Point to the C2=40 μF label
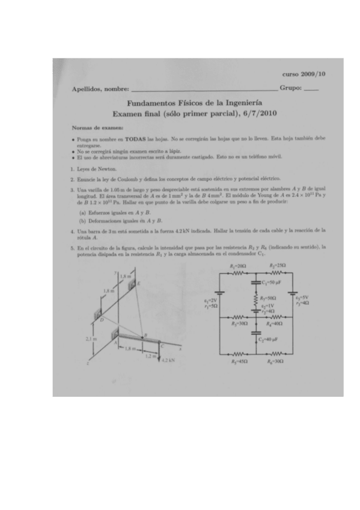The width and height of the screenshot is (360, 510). pyautogui.click(x=270, y=339)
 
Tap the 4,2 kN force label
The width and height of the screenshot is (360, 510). pyautogui.click(x=168, y=361)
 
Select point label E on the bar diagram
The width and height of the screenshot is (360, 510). pyautogui.click(x=140, y=283)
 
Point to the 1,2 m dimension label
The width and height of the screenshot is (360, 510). pyautogui.click(x=149, y=355)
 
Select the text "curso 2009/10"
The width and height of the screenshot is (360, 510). pyautogui.click(x=304, y=74)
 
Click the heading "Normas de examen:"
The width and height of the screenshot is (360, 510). pyautogui.click(x=92, y=127)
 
